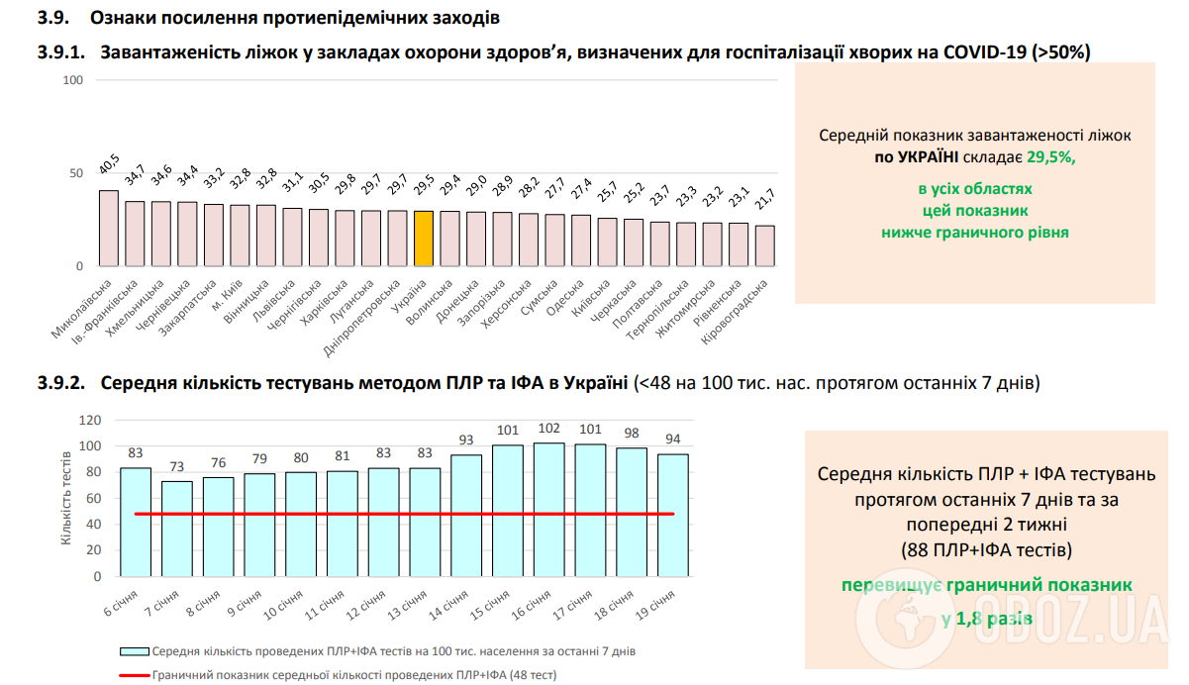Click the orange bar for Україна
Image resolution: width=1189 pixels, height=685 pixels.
point(424,239)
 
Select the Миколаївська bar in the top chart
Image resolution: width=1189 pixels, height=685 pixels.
point(109,229)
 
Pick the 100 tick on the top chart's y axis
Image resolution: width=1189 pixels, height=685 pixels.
point(72,80)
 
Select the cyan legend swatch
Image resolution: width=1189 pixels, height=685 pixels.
point(134,651)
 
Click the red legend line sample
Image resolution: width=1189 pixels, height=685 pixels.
point(134,674)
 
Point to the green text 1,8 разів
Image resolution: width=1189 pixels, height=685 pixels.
point(987,619)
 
